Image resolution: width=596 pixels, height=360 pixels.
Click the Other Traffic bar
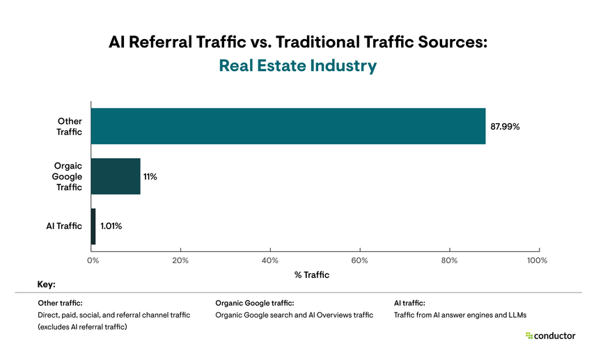click(288, 126)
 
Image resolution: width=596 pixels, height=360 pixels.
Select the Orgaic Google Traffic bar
click(116, 176)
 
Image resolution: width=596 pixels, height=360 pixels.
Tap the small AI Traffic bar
click(93, 226)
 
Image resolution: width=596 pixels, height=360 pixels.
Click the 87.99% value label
click(505, 127)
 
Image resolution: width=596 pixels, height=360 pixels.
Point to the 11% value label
click(150, 177)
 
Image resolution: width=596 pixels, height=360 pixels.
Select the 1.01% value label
click(111, 226)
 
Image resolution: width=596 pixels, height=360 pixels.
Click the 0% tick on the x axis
click(92, 260)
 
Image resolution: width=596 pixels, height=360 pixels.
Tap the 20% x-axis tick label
click(180, 260)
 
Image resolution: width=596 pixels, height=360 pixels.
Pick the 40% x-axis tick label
click(270, 260)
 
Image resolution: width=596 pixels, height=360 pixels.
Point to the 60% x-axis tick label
click(359, 260)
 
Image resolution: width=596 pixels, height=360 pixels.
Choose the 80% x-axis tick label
click(449, 260)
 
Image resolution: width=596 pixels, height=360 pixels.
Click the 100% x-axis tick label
click(538, 260)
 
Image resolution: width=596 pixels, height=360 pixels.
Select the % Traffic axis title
click(312, 275)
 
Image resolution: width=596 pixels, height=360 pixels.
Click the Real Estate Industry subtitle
click(297, 66)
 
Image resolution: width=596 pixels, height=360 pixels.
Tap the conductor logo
click(550, 336)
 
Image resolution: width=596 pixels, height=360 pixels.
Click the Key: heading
click(46, 285)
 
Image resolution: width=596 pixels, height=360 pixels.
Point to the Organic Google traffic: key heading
click(255, 303)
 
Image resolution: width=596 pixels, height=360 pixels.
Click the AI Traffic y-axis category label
click(63, 226)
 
